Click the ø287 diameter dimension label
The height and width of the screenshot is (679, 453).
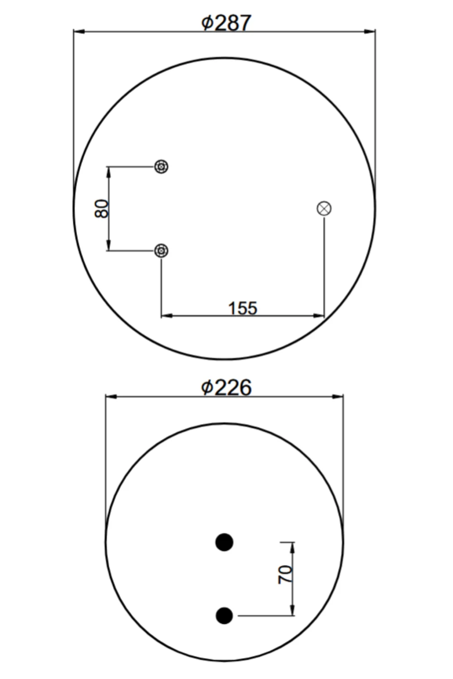(226, 23)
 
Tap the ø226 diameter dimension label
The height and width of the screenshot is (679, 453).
(226, 387)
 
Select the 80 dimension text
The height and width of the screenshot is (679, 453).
(101, 209)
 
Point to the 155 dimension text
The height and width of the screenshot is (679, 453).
(242, 308)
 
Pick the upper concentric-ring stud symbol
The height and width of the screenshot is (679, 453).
(161, 167)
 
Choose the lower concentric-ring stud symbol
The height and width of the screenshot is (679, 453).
(161, 251)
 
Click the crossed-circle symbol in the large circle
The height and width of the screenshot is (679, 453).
(324, 209)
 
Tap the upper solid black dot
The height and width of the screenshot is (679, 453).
(224, 542)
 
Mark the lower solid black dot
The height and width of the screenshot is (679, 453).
(224, 616)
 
